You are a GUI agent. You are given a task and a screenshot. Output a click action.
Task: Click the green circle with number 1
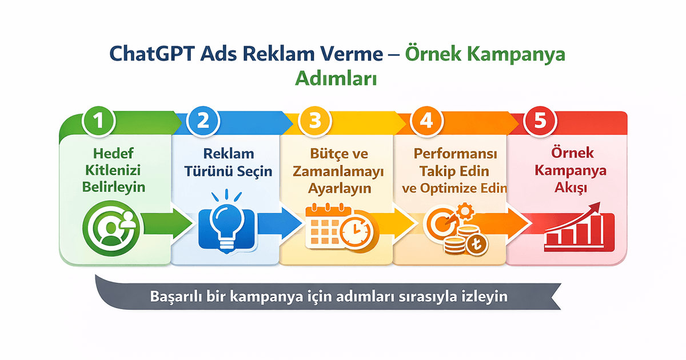[x=100, y=121]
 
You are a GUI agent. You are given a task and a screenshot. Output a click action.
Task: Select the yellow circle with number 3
[x=315, y=121]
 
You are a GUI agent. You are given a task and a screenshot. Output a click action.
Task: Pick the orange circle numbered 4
[x=425, y=121]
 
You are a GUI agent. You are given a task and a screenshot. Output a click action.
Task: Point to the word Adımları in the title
[x=336, y=78]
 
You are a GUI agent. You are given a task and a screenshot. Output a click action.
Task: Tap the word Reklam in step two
[x=228, y=154]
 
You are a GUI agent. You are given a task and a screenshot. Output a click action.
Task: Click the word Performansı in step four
[x=456, y=154]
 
